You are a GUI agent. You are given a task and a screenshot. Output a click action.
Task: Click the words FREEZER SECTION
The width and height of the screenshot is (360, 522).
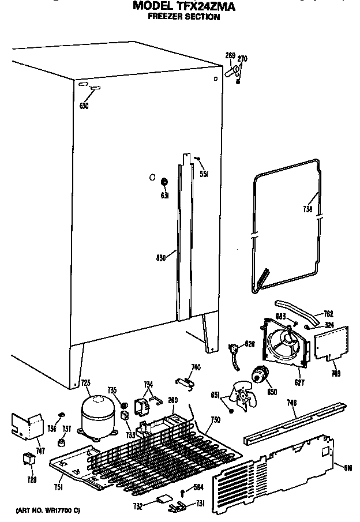tap(183, 17)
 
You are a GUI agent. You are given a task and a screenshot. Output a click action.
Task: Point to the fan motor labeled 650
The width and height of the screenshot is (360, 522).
tap(260, 375)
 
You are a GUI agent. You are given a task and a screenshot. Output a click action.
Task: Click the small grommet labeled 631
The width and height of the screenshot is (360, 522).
tap(164, 183)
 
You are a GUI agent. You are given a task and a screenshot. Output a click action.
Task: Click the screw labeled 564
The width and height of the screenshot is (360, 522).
tap(183, 491)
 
